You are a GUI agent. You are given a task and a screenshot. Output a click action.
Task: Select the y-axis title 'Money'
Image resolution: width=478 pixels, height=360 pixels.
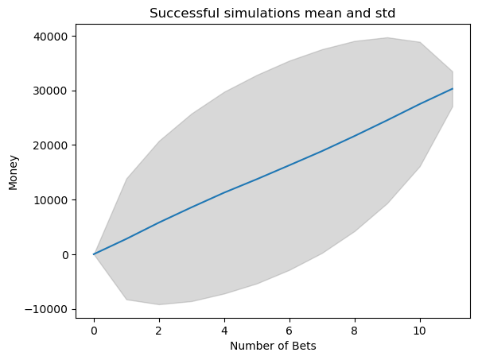[x=13, y=172]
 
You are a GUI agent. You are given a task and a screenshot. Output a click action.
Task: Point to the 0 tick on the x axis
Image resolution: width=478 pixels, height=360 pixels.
[x=94, y=327]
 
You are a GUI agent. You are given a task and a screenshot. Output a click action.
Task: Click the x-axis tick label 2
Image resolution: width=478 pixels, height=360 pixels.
[x=159, y=327]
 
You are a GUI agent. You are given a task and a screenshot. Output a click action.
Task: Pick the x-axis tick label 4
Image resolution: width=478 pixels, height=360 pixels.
[x=224, y=327]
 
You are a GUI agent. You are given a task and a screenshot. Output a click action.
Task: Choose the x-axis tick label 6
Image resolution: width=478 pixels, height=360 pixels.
[x=290, y=327]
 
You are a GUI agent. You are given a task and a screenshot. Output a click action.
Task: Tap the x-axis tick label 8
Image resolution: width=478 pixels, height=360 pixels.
[x=355, y=327]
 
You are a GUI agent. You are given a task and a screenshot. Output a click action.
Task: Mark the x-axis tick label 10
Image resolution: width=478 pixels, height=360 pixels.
[x=420, y=327]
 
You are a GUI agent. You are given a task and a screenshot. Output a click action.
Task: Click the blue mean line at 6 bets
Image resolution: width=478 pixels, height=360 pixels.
[x=290, y=165]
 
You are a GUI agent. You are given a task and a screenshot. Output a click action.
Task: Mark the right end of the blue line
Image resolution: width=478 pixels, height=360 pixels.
[x=453, y=89]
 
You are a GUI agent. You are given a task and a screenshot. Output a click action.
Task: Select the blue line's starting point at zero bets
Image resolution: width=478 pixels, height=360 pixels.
[x=94, y=254]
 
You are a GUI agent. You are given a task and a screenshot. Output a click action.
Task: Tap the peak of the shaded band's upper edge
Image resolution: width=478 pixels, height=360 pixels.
[x=387, y=37]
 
